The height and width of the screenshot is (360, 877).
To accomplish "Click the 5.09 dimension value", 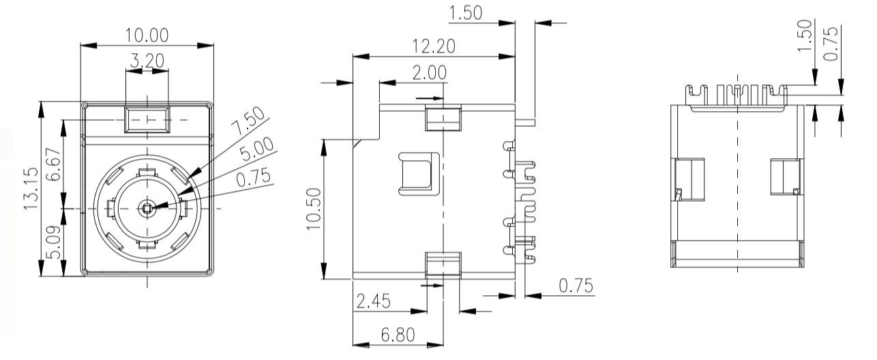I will [x=55, y=241].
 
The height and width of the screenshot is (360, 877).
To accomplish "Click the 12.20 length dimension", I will [x=434, y=46].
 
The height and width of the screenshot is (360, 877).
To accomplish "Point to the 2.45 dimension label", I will [x=374, y=301].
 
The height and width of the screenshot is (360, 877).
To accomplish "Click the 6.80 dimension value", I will [x=399, y=336].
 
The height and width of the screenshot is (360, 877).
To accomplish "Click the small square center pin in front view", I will [x=147, y=207].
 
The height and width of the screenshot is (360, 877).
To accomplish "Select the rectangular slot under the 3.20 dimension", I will [x=147, y=119].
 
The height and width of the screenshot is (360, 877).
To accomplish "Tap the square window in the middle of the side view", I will [x=417, y=172].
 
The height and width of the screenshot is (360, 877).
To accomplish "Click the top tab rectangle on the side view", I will [x=443, y=117].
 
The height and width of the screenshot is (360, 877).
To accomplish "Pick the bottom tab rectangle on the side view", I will [x=443, y=263].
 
